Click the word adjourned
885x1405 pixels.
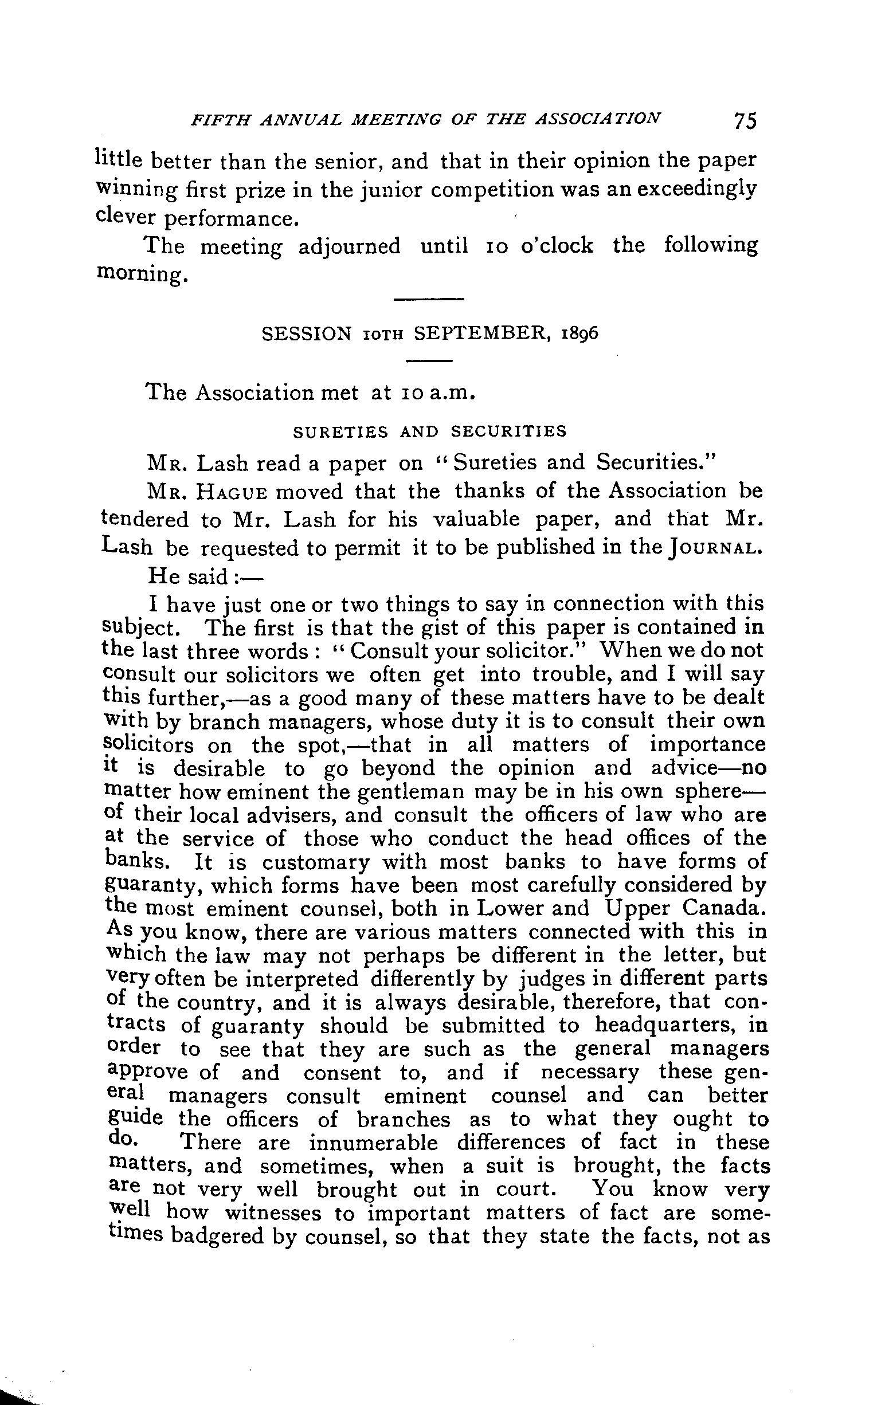[x=349, y=246]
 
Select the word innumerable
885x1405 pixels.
[x=373, y=1142]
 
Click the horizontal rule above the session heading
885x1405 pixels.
[x=429, y=300]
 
